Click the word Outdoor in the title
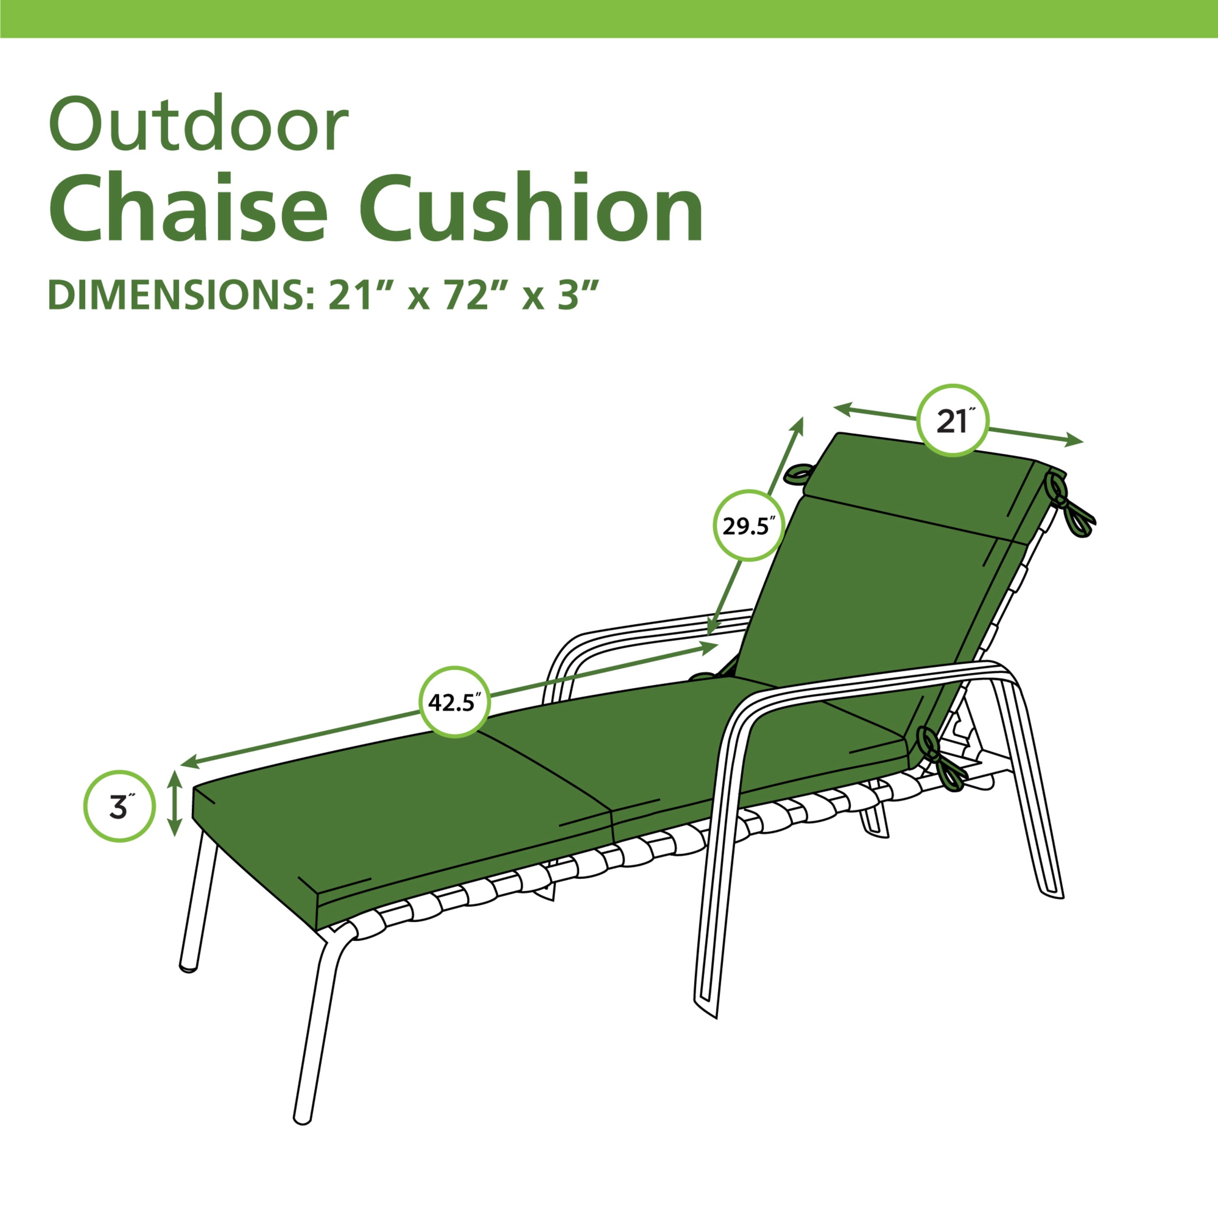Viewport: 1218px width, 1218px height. pyautogui.click(x=199, y=123)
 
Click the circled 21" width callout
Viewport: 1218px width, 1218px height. pyautogui.click(x=952, y=421)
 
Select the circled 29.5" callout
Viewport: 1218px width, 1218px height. pyautogui.click(x=748, y=525)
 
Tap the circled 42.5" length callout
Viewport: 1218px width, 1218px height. pyautogui.click(x=455, y=702)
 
